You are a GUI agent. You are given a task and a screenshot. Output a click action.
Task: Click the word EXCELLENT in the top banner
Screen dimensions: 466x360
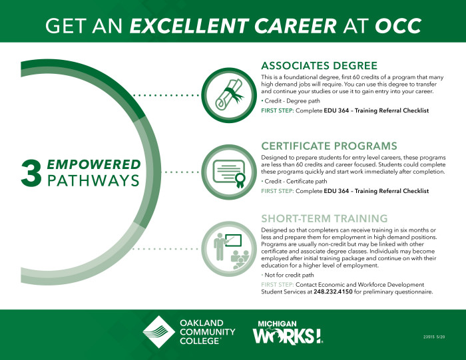pos(189,25)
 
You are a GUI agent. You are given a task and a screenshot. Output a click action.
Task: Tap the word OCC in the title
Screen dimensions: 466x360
pos(398,25)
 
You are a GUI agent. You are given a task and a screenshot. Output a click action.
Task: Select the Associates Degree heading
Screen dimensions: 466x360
pos(319,65)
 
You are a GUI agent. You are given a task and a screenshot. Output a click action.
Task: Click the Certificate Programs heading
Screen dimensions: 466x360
pos(329,146)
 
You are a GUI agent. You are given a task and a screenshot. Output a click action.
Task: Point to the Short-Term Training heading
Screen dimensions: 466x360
pos(324,218)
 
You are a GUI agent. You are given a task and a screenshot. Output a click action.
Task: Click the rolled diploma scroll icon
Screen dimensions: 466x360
pos(229,95)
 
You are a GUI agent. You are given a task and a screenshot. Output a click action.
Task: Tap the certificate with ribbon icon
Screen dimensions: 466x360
pos(229,172)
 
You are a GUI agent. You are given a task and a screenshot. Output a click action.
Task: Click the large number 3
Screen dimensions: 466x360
pos(31,173)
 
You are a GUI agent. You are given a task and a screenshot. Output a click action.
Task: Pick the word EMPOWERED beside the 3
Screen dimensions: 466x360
pos(94,164)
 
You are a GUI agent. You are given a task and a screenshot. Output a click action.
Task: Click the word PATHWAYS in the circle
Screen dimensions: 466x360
pos(93,180)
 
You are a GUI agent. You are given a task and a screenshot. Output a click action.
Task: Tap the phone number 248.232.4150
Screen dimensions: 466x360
pos(333,291)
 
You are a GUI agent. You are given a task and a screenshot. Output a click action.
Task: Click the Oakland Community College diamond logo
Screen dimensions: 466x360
pos(158,332)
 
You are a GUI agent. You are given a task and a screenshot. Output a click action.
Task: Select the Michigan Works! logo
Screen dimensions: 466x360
pos(288,332)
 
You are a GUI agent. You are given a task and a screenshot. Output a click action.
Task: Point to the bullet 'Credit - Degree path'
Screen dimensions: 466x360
pos(291,101)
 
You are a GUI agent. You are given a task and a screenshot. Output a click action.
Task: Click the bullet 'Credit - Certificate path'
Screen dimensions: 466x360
pos(294,181)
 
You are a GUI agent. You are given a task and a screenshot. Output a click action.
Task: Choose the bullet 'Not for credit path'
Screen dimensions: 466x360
pos(288,275)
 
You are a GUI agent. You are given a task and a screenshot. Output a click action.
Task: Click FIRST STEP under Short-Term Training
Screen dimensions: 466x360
pos(278,285)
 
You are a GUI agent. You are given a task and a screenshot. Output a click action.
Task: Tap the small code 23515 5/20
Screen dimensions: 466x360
pos(434,337)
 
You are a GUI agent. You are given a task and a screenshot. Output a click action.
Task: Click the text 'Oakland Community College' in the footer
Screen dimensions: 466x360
pos(208,332)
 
